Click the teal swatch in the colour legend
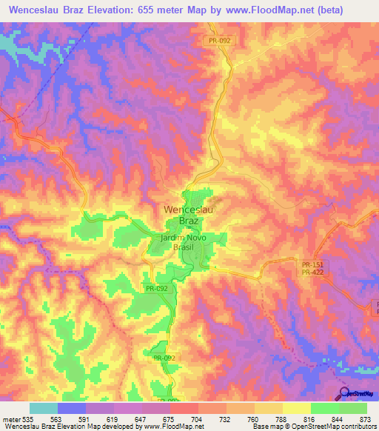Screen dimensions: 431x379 coord(44,408)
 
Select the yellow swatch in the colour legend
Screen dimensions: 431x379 coord(297,408)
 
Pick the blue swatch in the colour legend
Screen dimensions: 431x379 coord(72,408)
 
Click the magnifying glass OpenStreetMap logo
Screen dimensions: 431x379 coord(344,393)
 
